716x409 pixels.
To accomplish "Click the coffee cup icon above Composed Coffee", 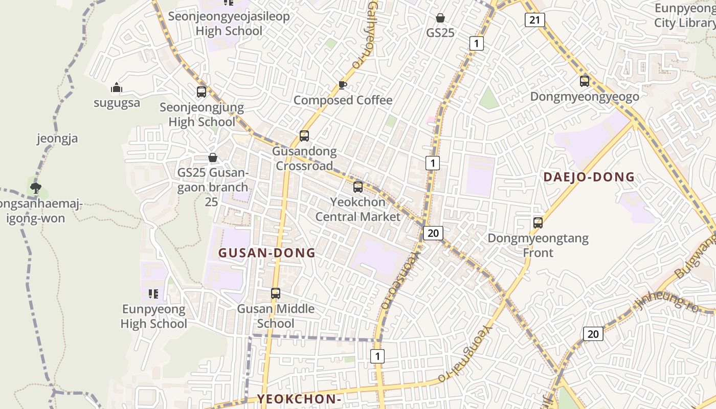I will tap(343, 85).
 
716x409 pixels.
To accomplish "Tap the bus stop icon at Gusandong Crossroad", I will tap(304, 136).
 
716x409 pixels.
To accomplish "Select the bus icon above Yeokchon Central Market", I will tap(358, 187).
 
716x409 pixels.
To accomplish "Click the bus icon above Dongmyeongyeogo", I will tap(585, 81).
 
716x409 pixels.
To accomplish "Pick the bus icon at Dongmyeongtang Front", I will tap(538, 223).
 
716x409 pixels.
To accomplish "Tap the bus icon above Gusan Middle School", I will tap(276, 293).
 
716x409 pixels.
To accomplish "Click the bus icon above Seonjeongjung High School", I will tap(202, 92).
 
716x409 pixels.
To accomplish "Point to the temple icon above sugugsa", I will tap(117, 88).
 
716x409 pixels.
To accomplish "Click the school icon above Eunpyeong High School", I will tap(153, 294).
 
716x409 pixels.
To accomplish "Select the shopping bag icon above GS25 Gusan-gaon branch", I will tap(212, 157).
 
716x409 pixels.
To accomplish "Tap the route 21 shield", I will tap(534, 20).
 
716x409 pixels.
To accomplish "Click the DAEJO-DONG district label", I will tap(589, 177).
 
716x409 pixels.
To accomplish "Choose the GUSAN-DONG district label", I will tap(267, 253).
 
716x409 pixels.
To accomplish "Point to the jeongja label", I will tap(57, 139).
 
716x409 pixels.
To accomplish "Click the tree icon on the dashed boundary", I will tap(35, 188).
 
